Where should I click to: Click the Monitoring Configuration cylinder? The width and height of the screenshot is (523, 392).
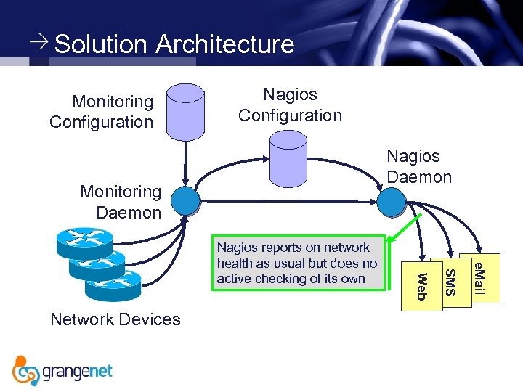(185, 113)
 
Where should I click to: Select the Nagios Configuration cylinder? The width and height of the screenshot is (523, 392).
(288, 159)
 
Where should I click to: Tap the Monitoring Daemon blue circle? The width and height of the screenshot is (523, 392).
(185, 201)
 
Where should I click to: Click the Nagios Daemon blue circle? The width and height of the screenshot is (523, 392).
(392, 203)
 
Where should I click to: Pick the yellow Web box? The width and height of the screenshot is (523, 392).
(422, 286)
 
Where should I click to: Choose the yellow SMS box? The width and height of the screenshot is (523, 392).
(451, 282)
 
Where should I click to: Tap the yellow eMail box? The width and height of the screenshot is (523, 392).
(479, 278)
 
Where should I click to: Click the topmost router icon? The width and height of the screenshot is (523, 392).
(85, 243)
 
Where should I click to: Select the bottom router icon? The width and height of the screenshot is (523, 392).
(113, 285)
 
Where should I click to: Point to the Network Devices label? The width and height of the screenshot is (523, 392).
(115, 319)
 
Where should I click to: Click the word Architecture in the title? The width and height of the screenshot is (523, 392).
(225, 44)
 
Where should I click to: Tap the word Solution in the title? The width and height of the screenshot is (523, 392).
(100, 44)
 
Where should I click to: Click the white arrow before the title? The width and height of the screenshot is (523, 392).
(39, 41)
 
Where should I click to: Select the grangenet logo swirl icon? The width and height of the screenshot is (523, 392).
(24, 371)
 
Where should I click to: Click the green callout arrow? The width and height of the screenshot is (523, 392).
(405, 228)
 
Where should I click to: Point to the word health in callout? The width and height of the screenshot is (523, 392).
(235, 263)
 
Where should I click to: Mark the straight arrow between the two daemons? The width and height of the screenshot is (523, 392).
(288, 201)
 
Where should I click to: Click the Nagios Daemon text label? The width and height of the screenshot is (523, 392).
(419, 166)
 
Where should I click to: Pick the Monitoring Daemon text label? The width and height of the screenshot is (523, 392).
(121, 202)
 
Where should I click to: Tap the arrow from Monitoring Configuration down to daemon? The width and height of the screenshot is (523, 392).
(185, 163)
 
